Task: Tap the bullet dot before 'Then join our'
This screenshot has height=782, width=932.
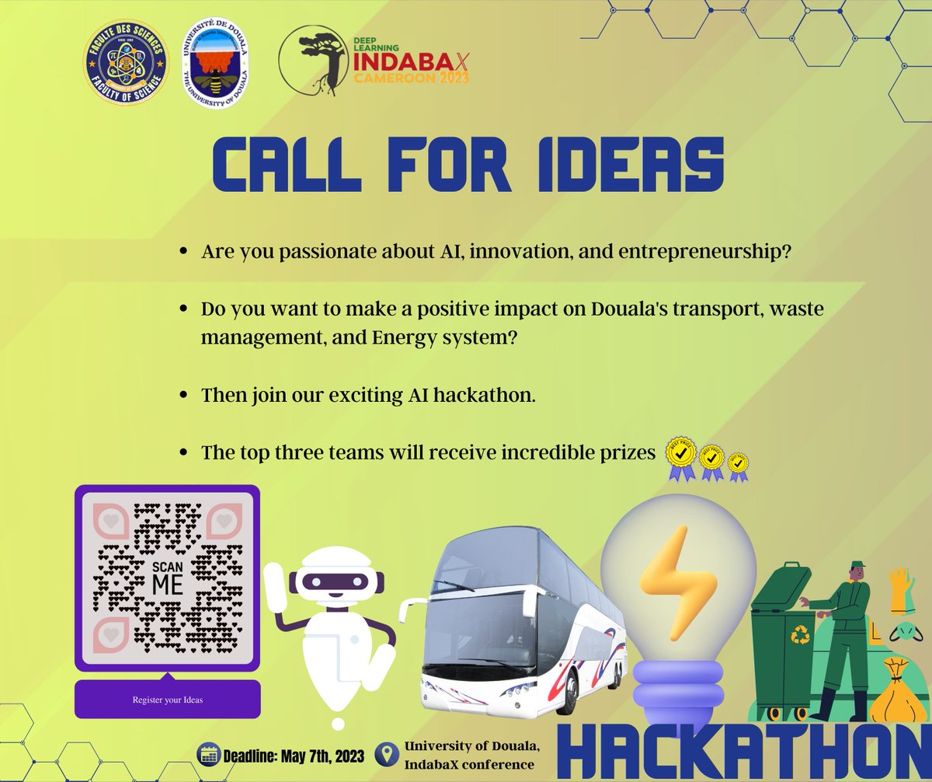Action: pyautogui.click(x=183, y=396)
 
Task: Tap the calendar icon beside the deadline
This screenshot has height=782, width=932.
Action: pyautogui.click(x=209, y=754)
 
